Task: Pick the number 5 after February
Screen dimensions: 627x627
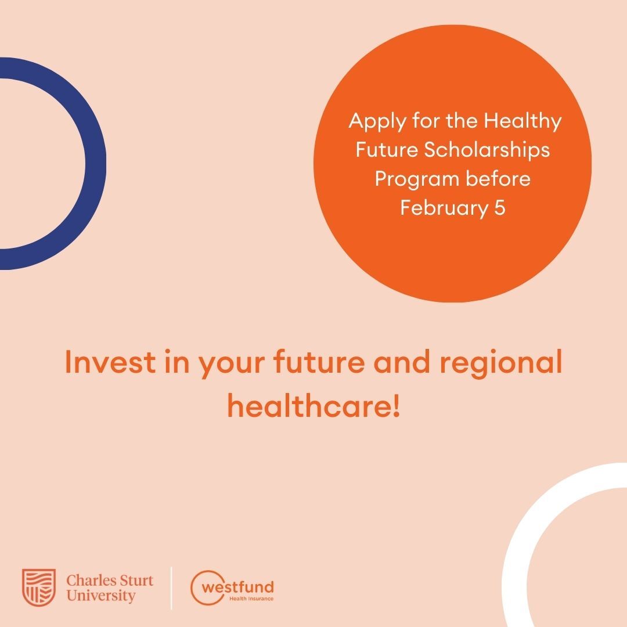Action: (x=500, y=208)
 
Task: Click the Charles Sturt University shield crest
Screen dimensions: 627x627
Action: (x=39, y=588)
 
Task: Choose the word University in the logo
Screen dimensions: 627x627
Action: (x=101, y=596)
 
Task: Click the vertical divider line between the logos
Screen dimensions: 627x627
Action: (x=171, y=588)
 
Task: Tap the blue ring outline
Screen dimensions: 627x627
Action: (x=96, y=163)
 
